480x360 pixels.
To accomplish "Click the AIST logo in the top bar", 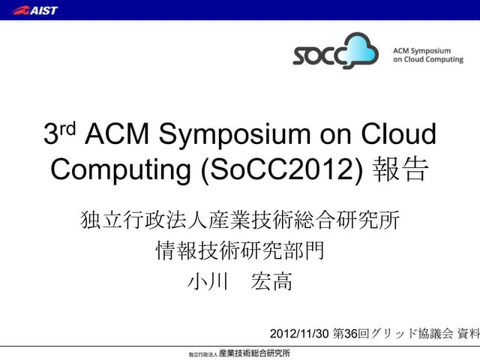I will pyautogui.click(x=35, y=10).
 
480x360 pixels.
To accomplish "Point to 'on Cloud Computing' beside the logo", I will pyautogui.click(x=427, y=59).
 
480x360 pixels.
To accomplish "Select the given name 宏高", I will pyautogui.click(x=273, y=281).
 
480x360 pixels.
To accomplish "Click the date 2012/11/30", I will pyautogui.click(x=299, y=332).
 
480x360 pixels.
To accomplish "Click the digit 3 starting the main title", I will pyautogui.click(x=52, y=135).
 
